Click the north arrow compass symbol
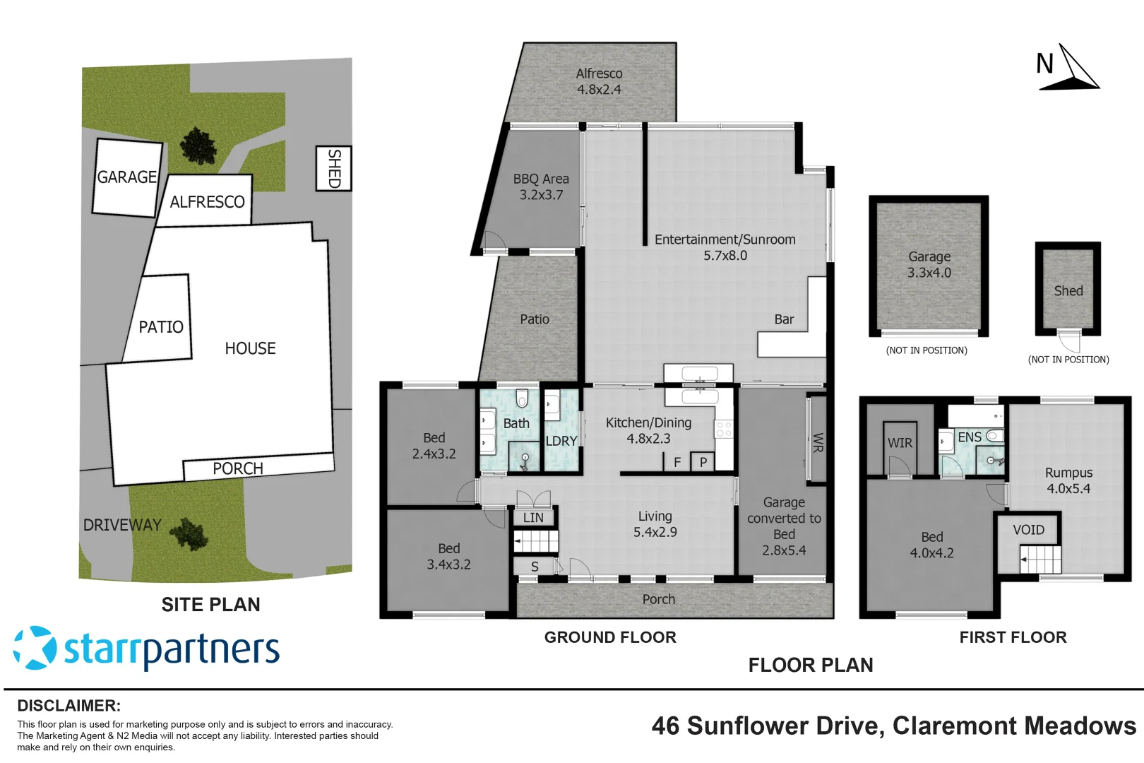click(1068, 69)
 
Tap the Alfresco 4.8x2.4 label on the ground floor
click(599, 81)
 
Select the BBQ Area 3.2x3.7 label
click(541, 187)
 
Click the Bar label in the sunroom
click(784, 319)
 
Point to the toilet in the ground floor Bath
click(522, 398)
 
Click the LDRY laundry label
click(561, 441)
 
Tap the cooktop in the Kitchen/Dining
click(724, 428)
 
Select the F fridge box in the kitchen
click(677, 462)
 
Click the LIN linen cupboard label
click(533, 518)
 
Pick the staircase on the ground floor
click(536, 542)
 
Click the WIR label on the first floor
click(900, 443)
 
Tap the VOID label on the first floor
click(1028, 530)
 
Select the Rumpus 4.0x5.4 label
click(1068, 480)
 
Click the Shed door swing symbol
click(1070, 343)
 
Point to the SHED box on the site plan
click(333, 168)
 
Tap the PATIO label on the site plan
click(161, 327)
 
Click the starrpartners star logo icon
click(35, 648)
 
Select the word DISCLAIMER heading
click(68, 706)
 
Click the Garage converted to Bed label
click(784, 526)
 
